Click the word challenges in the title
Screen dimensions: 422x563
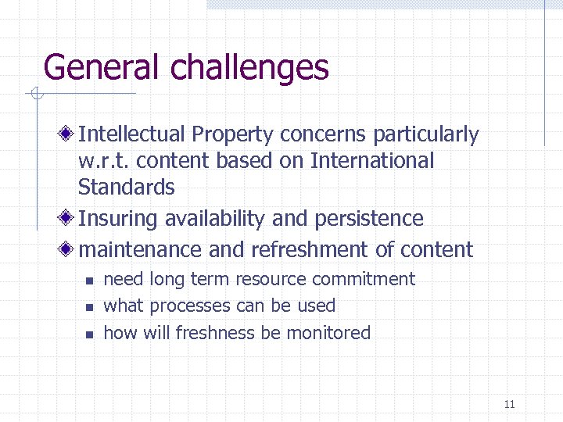(249, 69)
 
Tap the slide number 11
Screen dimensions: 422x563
(510, 404)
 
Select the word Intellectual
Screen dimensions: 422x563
(131, 134)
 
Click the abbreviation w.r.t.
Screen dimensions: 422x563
(102, 161)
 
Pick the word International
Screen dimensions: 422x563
(371, 161)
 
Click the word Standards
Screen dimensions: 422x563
(126, 188)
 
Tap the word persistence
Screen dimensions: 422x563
(368, 219)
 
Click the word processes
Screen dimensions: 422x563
(190, 306)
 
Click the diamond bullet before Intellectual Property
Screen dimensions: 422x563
(70, 134)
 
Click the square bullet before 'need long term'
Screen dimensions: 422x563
(89, 281)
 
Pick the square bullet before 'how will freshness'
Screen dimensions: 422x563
(89, 334)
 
